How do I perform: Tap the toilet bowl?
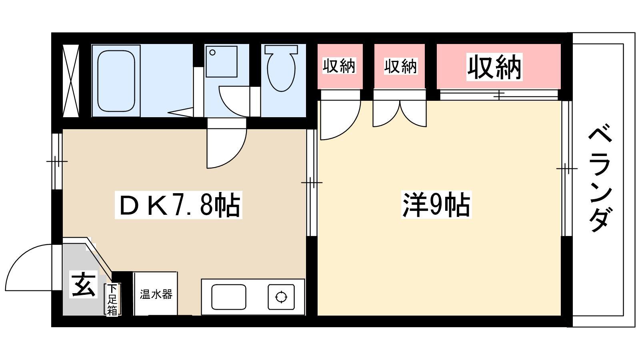(x=281, y=68)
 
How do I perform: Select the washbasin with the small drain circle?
(x=222, y=62)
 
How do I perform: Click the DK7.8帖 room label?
(x=178, y=205)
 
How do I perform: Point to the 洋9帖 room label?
(x=436, y=204)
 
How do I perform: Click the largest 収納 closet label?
(x=494, y=67)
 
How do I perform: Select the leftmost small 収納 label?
(x=339, y=66)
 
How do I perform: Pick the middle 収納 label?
(x=400, y=66)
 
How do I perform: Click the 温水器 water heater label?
(x=156, y=294)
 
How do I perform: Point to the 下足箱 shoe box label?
(x=112, y=300)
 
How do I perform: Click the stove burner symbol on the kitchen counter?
(x=281, y=297)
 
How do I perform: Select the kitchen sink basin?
(x=228, y=297)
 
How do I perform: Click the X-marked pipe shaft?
(x=70, y=81)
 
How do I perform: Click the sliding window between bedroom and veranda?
(x=567, y=168)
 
